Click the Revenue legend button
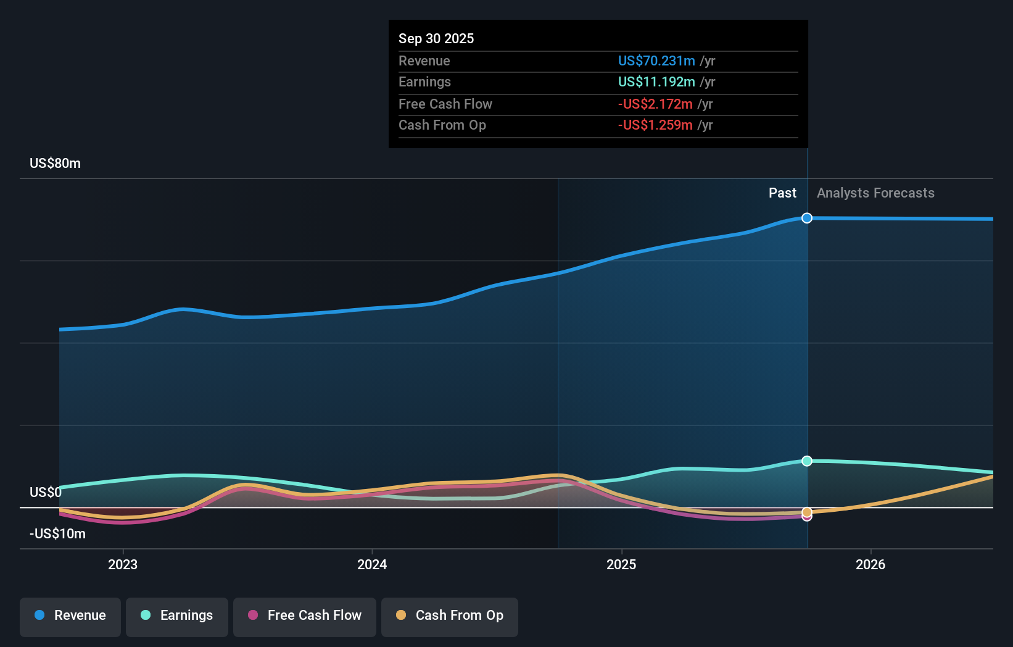click(70, 616)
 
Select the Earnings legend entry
click(177, 616)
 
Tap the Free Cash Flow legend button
click(305, 616)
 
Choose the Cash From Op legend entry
click(450, 616)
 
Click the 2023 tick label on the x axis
click(123, 564)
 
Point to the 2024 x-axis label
click(372, 564)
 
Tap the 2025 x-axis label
click(621, 564)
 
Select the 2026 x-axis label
click(870, 564)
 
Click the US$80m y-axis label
click(55, 163)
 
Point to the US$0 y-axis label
click(46, 492)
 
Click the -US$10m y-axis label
click(57, 533)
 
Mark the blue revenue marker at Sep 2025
click(807, 218)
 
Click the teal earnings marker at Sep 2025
click(807, 461)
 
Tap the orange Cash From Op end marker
click(807, 512)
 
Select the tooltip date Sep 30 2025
click(436, 38)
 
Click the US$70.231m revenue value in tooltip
click(656, 61)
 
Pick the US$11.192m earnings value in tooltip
click(656, 81)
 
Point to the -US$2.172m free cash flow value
click(655, 104)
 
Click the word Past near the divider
click(782, 193)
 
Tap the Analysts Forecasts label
click(875, 193)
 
